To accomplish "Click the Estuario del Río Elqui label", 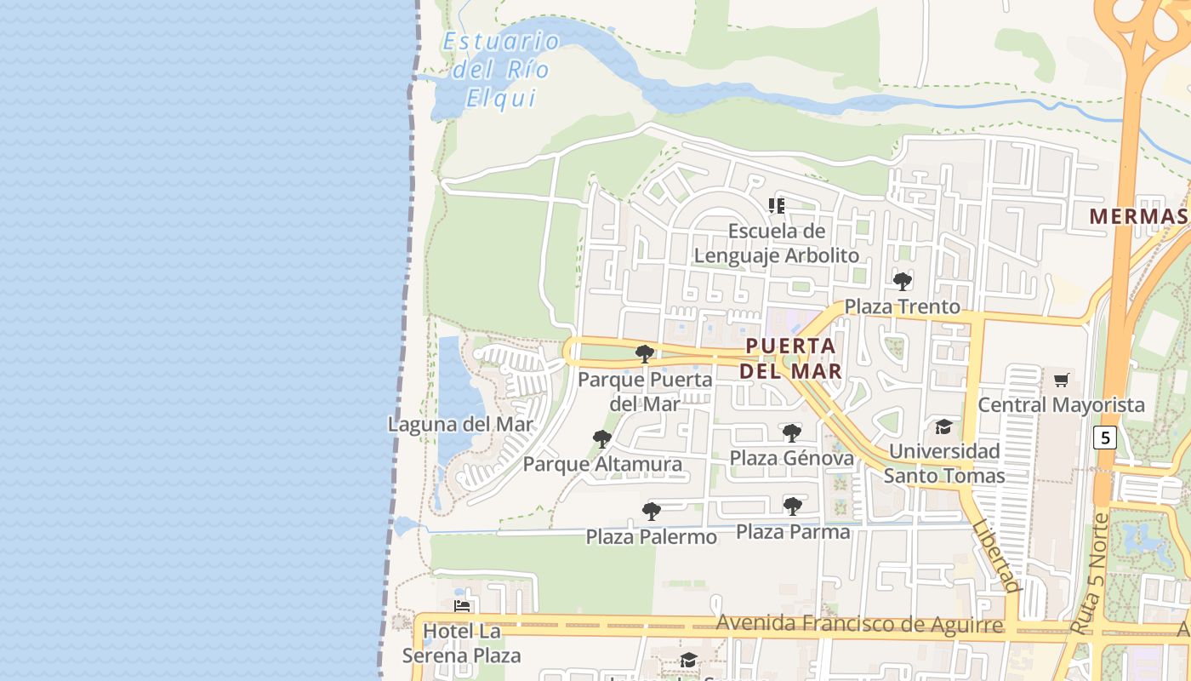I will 501,70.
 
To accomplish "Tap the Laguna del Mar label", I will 460,424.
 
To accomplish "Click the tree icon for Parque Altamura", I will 602,439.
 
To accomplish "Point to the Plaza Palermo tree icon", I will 652,512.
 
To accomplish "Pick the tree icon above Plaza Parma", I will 793,506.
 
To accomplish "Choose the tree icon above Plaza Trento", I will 903,282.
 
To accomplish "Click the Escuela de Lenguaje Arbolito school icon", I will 776,205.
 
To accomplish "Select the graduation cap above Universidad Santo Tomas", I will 943,426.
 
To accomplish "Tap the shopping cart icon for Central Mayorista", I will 1061,380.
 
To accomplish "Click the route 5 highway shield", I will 1105,438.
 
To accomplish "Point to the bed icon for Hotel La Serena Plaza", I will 462,607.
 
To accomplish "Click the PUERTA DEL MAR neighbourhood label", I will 790,358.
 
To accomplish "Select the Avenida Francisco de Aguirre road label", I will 859,624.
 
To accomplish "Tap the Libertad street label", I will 994,557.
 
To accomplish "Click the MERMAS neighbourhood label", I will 1138,216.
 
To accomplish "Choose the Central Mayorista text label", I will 1061,405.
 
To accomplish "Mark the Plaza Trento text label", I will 902,306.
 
